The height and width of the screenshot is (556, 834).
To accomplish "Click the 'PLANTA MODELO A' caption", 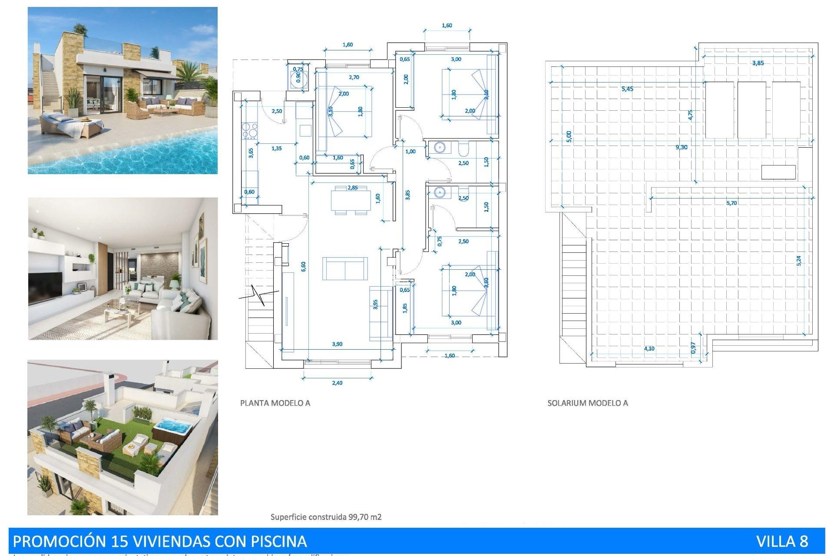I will (x=275, y=403).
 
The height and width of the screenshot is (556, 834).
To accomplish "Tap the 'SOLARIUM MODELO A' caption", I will (x=587, y=403).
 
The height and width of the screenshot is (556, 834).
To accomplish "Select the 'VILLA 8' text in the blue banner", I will (x=782, y=541).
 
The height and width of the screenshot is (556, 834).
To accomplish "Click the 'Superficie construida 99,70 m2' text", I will (x=326, y=517).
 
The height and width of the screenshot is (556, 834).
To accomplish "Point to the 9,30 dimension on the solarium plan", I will (x=681, y=147).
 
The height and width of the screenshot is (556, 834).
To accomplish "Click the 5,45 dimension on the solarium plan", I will (x=627, y=89).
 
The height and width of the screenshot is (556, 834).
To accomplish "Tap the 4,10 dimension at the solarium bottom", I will (x=649, y=348).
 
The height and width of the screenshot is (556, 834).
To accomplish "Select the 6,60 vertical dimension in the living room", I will (x=303, y=266).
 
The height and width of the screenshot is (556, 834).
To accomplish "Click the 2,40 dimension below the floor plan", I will (x=337, y=383).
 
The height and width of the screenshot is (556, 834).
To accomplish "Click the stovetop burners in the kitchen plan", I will (x=249, y=131).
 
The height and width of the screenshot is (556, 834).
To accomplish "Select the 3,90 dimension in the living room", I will (x=337, y=344).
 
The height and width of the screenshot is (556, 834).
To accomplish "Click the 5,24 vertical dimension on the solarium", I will (x=799, y=260).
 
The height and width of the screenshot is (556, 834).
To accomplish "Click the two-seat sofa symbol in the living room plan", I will (x=345, y=268).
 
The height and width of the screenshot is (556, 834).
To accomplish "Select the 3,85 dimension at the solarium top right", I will (x=758, y=63).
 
